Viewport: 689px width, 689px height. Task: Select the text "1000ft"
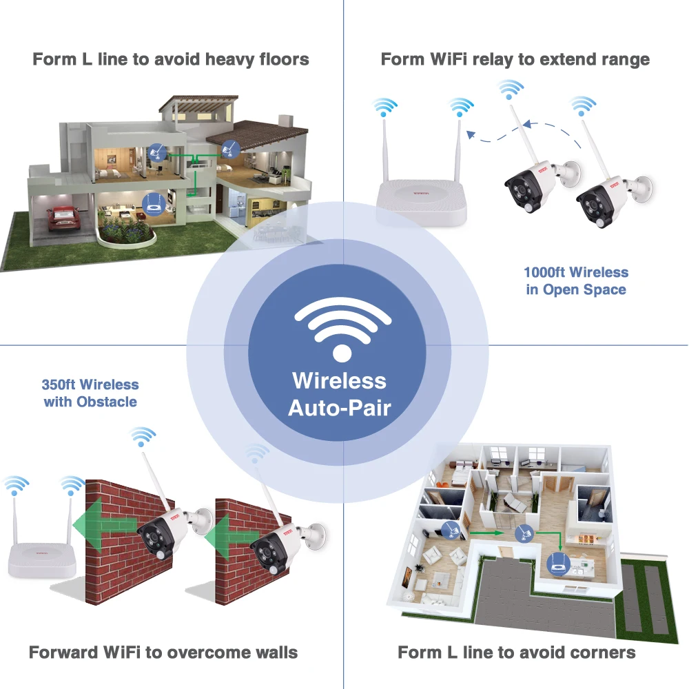[x=544, y=273]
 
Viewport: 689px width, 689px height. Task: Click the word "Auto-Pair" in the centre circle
[x=339, y=407]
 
